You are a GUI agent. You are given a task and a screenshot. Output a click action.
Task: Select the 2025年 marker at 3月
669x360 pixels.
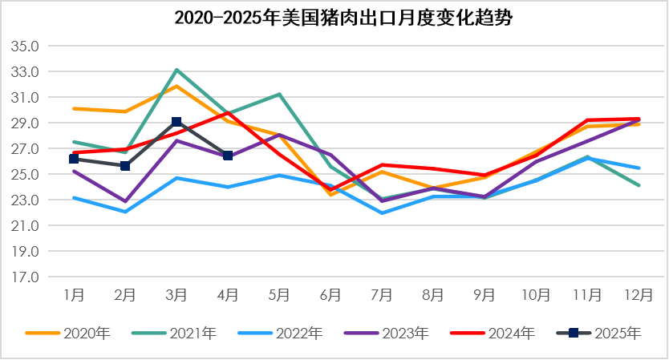coord(176,122)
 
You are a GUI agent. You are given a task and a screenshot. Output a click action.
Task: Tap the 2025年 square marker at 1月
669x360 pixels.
coord(74,159)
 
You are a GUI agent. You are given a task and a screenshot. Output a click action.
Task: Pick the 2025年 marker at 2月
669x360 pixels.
coord(125,166)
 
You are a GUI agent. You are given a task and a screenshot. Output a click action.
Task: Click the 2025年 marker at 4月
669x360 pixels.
coord(228,156)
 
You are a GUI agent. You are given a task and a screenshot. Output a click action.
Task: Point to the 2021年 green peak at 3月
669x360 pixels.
coord(176,70)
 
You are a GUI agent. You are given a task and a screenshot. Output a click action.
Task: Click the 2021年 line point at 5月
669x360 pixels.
coord(279,95)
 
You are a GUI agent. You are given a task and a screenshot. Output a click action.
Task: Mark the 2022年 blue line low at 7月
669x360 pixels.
coord(382,212)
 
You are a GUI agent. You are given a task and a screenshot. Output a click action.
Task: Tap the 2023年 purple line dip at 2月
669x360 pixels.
coord(125,201)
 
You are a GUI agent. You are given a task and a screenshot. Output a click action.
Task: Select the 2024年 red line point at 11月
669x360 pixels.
coord(587,120)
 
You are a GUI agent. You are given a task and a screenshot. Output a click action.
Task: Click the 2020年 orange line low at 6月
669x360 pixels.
coord(330,194)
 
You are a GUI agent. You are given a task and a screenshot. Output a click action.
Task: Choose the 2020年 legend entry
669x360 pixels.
coord(67,333)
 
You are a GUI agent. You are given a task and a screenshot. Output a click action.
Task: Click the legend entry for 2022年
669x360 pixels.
coord(280,333)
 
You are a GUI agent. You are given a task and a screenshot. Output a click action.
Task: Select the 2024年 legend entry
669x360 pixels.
coord(493,333)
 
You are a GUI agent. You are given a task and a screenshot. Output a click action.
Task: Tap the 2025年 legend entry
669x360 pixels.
coord(598,333)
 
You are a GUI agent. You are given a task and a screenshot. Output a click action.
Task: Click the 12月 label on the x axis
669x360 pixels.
coord(639,295)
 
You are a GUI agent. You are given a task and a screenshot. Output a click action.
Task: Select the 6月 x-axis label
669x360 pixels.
coord(330,295)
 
